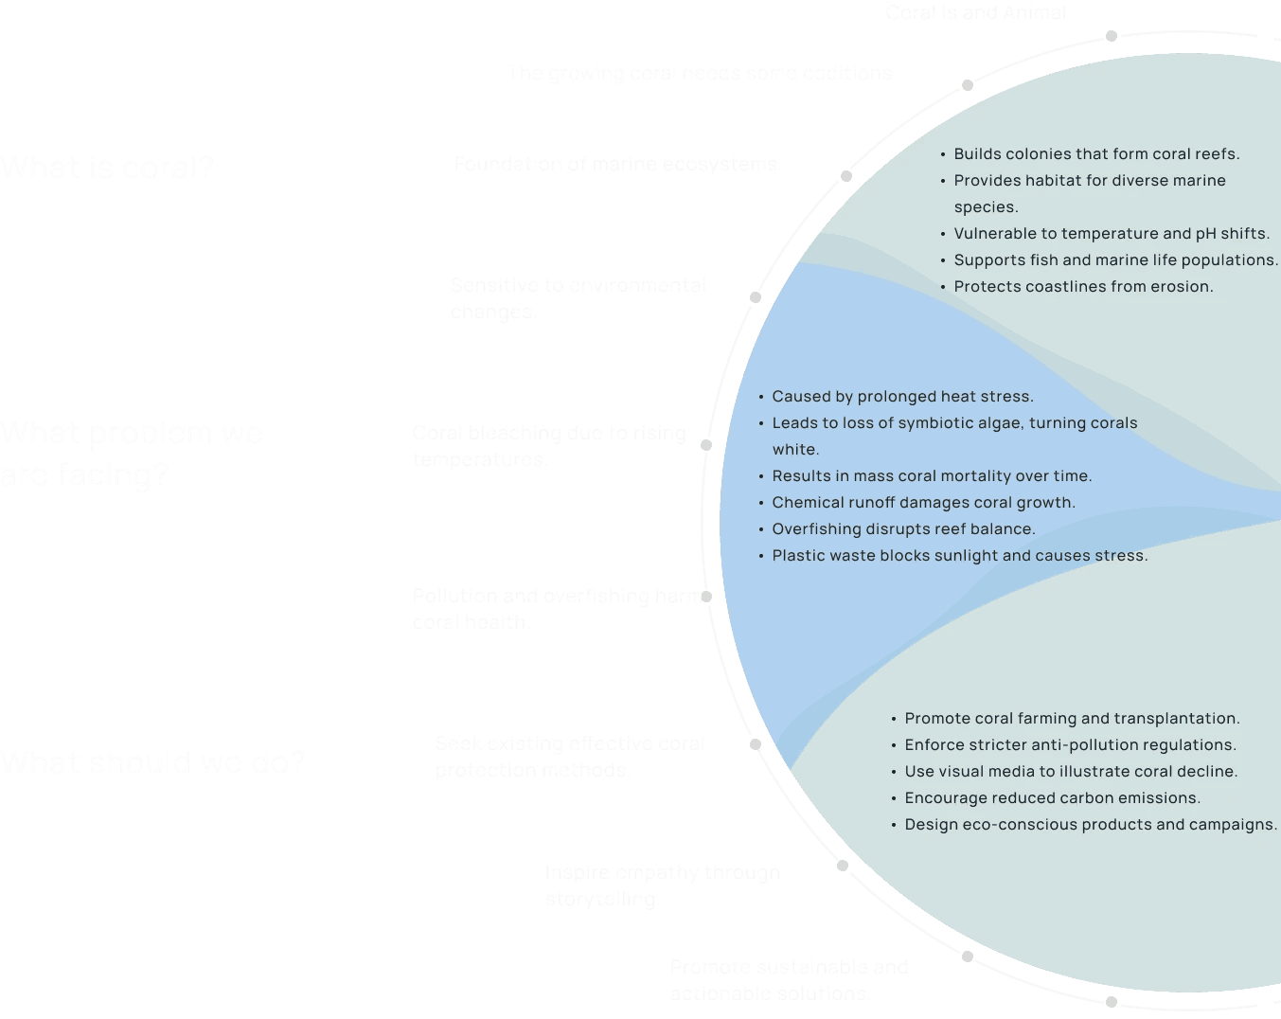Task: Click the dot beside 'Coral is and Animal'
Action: click(1112, 36)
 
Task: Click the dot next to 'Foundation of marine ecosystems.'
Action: click(846, 176)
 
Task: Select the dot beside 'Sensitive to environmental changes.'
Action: click(756, 297)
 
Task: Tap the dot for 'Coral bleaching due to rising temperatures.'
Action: click(706, 445)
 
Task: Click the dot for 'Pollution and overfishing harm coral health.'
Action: click(706, 597)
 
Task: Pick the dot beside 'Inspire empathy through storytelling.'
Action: click(843, 866)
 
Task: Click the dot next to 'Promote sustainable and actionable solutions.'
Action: click(968, 956)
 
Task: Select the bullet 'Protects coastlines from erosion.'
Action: click(1083, 287)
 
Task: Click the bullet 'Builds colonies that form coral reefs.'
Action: click(1096, 154)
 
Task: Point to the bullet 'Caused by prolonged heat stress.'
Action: click(902, 397)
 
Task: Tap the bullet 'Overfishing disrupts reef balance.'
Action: click(903, 529)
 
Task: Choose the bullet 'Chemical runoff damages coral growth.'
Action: click(923, 503)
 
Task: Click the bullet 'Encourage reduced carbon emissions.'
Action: click(1052, 798)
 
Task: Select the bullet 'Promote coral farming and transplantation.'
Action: click(1072, 719)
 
